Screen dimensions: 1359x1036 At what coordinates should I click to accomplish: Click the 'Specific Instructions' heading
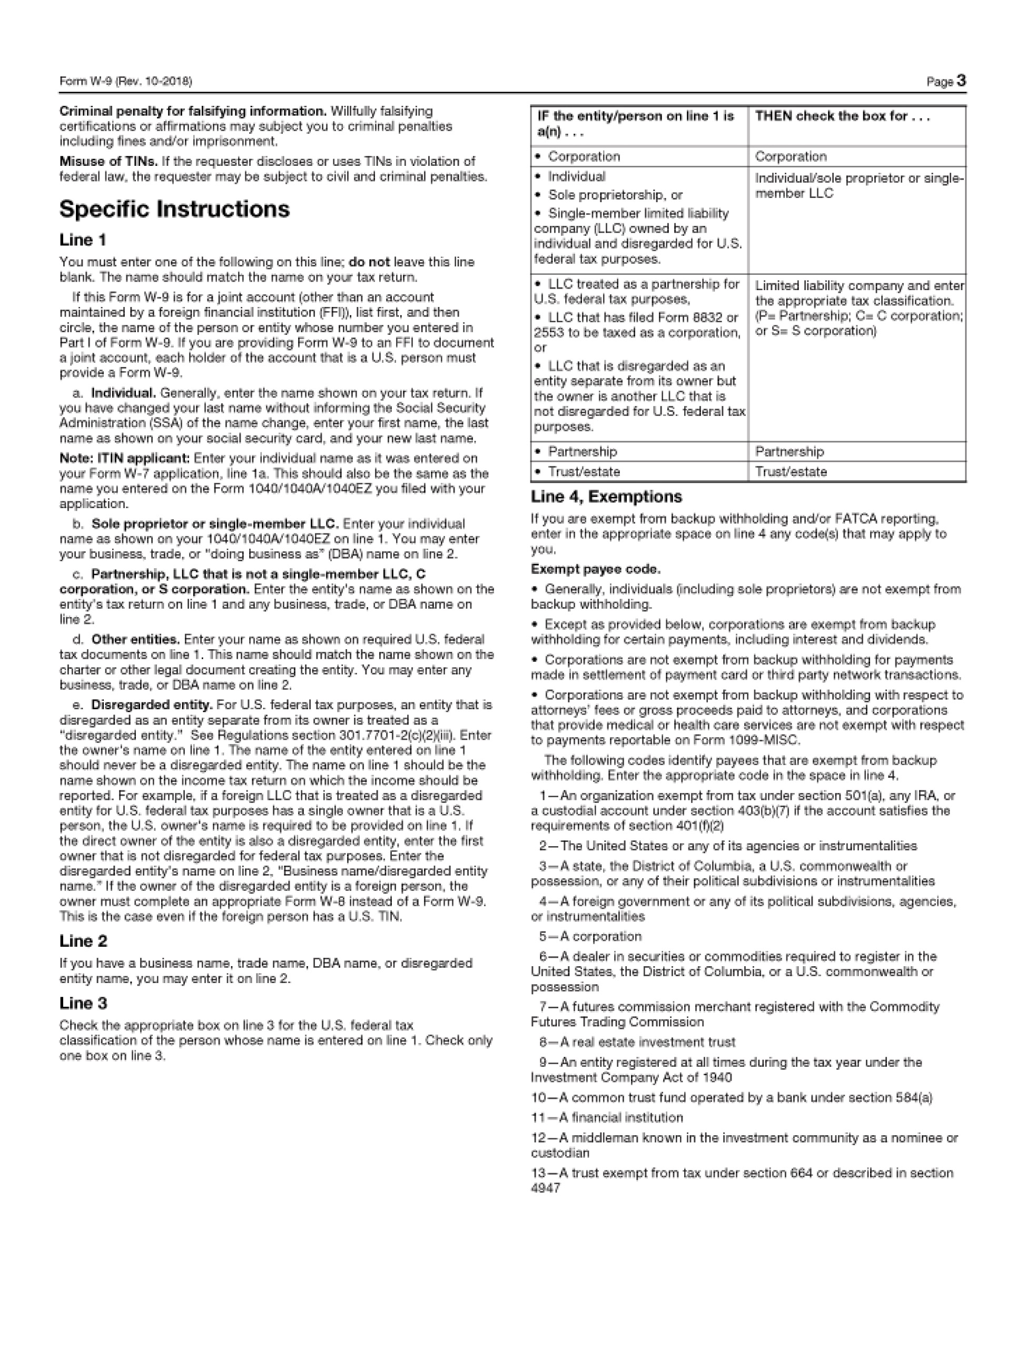pyautogui.click(x=174, y=210)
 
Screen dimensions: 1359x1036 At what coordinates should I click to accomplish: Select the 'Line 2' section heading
pyautogui.click(x=83, y=941)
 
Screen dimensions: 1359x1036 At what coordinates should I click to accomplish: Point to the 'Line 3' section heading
pyautogui.click(x=83, y=1004)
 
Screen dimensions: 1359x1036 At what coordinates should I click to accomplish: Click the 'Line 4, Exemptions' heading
pyautogui.click(x=606, y=497)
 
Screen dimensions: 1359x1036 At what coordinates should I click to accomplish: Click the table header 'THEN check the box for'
pyautogui.click(x=842, y=116)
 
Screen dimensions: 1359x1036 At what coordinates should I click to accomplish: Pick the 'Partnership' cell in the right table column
pyautogui.click(x=788, y=452)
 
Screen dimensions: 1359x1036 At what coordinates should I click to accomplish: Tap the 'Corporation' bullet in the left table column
pyautogui.click(x=584, y=156)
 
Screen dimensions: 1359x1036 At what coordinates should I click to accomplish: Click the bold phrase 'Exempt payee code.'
pyautogui.click(x=595, y=569)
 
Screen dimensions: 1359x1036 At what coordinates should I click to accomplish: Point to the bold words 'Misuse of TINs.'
pyautogui.click(x=108, y=162)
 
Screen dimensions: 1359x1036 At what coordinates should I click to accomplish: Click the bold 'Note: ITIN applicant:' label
pyautogui.click(x=125, y=459)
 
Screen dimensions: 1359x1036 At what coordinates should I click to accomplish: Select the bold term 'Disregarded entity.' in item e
pyautogui.click(x=152, y=705)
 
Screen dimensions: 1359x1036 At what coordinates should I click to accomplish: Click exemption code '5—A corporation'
pyautogui.click(x=589, y=937)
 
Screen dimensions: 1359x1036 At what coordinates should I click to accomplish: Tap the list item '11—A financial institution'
pyautogui.click(x=607, y=1118)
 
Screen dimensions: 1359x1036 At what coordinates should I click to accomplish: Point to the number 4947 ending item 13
pyautogui.click(x=545, y=1188)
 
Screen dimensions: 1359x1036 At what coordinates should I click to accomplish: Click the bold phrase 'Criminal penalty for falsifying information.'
pyautogui.click(x=192, y=112)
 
